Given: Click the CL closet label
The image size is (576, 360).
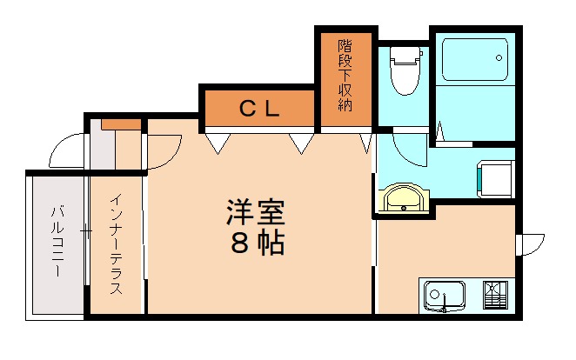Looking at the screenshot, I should coord(258,108).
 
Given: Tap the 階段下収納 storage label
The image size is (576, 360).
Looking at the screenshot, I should coord(345,79).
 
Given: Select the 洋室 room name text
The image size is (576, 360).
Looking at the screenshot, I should coord(257,213).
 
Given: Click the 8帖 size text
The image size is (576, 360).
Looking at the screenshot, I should coord(258,244).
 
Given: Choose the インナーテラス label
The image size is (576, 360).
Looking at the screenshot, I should coord(115,243).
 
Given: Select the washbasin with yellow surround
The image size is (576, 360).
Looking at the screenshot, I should coord(403,197).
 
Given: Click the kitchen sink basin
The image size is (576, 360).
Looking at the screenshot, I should coord(444,296).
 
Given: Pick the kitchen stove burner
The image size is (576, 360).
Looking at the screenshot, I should coord(494,296).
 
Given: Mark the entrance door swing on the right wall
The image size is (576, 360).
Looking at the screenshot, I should coord(530,244).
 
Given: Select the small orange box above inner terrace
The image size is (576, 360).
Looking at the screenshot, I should coord(121,123).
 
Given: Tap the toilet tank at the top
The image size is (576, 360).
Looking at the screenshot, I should coord(404,54).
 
